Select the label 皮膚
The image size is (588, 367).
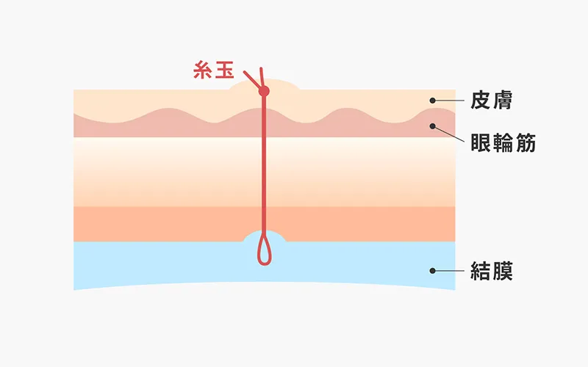pyautogui.click(x=491, y=101)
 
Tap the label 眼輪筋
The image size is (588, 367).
pyautogui.click(x=503, y=142)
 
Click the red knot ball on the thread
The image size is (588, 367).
pyautogui.click(x=265, y=91)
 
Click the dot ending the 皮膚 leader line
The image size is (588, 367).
pyautogui.click(x=434, y=101)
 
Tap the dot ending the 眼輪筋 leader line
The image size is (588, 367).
pyautogui.click(x=434, y=126)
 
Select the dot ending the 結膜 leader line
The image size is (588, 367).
pyautogui.click(x=434, y=271)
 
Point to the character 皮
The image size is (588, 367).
pyautogui.click(x=481, y=101)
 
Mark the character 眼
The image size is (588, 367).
pyautogui.click(x=481, y=142)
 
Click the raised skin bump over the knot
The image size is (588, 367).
pyautogui.click(x=283, y=85)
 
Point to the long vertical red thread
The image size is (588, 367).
pyautogui.click(x=264, y=169)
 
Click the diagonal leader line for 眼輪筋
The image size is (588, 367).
pyautogui.click(x=449, y=134)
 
